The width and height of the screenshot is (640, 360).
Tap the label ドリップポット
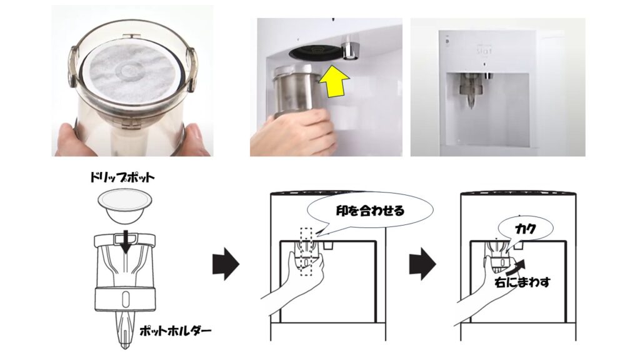[122, 178]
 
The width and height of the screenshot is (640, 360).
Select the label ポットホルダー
[176, 331]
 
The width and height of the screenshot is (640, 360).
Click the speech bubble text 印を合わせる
[370, 211]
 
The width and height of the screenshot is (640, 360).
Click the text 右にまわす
[522, 282]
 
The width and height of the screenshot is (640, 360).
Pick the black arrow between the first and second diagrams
[226, 264]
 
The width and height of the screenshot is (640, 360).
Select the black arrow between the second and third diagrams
[423, 264]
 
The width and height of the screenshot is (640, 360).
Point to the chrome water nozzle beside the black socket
[351, 47]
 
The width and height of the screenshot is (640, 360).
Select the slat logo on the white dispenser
[484, 51]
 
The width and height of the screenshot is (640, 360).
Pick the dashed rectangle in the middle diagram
[306, 252]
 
